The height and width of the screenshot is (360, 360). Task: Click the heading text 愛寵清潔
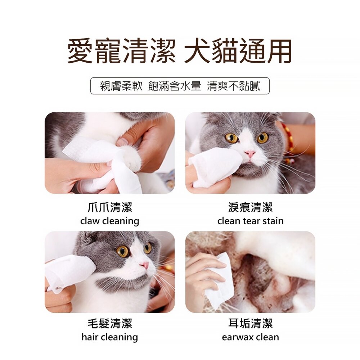[121, 51]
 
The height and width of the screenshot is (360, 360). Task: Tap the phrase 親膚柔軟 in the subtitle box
[121, 86]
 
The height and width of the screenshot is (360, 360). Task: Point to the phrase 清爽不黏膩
[233, 86]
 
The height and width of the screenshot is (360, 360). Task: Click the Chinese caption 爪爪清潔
[110, 207]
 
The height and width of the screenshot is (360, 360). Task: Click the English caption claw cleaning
[110, 221]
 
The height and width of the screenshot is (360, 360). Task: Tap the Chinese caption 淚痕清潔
[250, 207]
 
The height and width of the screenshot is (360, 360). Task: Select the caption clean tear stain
[250, 221]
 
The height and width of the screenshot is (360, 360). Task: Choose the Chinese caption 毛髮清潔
[110, 324]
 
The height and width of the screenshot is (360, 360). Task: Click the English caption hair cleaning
[110, 337]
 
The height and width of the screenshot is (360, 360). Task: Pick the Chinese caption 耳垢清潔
[250, 324]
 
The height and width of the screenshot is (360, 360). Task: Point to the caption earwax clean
[250, 337]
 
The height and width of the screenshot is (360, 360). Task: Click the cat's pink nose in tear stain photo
[250, 154]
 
